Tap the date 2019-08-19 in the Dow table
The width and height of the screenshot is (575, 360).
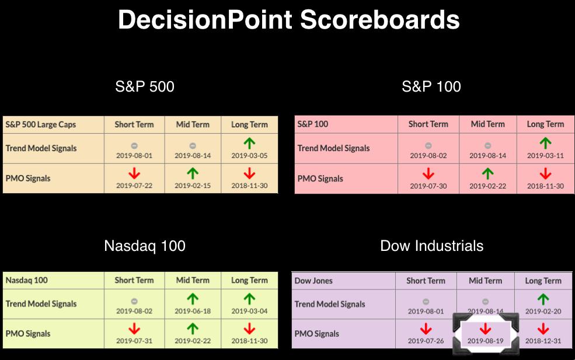(485, 341)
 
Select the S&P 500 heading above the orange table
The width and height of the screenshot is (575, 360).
(145, 86)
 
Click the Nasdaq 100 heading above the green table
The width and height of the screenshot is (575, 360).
(145, 246)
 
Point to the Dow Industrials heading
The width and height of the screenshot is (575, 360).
(431, 246)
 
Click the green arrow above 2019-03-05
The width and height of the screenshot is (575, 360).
(249, 144)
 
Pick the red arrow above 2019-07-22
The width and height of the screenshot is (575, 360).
(134, 173)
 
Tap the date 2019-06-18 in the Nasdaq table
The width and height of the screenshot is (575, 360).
(193, 311)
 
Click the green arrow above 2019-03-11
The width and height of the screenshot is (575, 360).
(545, 144)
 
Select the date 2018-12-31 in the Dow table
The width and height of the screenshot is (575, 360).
(543, 341)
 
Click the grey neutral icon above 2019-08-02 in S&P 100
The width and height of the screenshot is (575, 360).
(428, 145)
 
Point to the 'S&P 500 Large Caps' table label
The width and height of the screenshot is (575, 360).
(41, 125)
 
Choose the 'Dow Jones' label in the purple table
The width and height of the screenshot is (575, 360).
(313, 281)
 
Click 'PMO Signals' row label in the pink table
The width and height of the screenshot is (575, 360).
(320, 179)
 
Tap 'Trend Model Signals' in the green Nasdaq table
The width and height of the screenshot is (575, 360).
(41, 304)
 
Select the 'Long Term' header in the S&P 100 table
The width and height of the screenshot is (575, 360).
(545, 124)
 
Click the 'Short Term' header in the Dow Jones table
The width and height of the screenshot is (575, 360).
(426, 281)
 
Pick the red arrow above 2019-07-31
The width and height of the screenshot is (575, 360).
(134, 329)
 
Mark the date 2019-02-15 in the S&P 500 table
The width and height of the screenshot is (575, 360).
(193, 186)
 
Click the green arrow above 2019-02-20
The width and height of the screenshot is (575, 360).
(543, 299)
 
